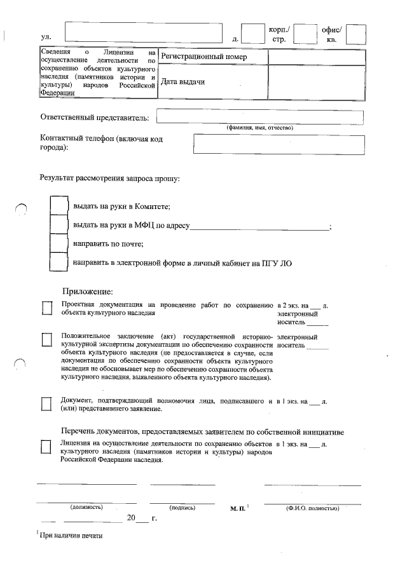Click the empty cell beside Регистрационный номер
(x=317, y=57)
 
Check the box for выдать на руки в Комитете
(x=59, y=206)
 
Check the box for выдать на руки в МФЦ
(x=59, y=225)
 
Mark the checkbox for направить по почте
(x=59, y=243)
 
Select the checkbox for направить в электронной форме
(x=59, y=262)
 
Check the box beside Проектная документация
(x=46, y=308)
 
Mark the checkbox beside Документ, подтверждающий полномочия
(x=46, y=404)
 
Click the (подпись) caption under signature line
(x=183, y=508)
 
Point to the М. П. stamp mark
(x=238, y=509)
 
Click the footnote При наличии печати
(x=71, y=535)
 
